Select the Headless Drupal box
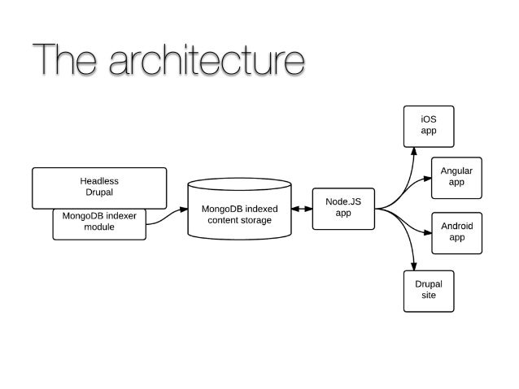point(98,187)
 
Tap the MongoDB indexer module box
point(99,223)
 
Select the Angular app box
point(456,177)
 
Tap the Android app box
point(456,232)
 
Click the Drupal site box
point(428,290)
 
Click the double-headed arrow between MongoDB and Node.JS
point(302,210)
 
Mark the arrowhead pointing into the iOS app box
point(413,150)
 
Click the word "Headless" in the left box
point(98,181)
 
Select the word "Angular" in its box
point(456,171)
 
